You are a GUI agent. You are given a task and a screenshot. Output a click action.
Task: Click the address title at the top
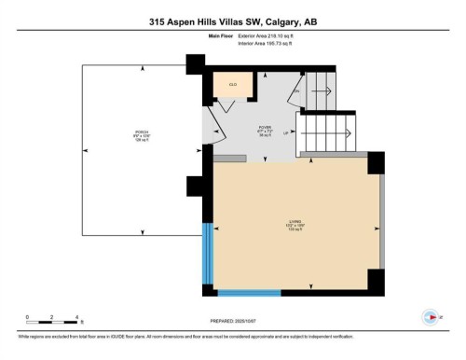(232, 21)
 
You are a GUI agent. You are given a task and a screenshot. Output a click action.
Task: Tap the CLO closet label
(233, 84)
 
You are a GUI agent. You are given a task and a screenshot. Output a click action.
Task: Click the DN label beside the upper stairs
(296, 91)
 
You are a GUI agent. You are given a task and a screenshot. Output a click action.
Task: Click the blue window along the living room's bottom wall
(250, 293)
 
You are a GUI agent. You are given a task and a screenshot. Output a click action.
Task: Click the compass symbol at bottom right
(431, 315)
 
